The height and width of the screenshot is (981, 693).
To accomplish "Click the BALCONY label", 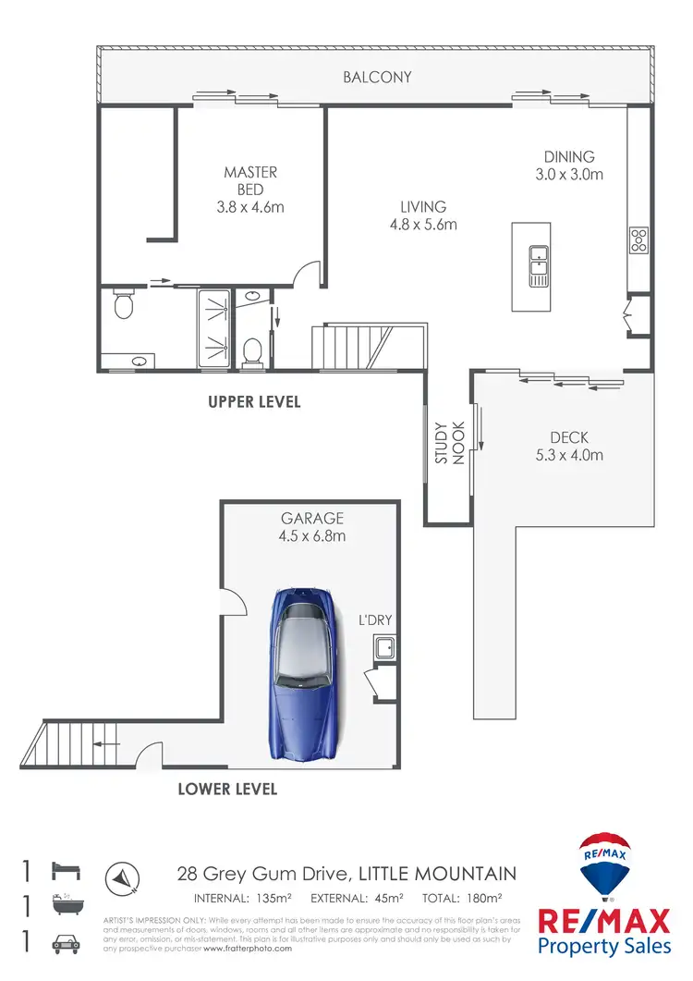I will [377, 78].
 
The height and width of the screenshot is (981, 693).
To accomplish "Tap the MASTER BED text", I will [250, 180].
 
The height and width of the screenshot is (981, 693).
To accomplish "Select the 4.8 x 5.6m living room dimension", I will [423, 225].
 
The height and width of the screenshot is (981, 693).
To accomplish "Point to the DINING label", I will [568, 157].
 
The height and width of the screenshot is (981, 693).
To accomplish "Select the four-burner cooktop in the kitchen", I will [638, 240].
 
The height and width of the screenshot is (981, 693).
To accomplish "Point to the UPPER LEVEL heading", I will [254, 403].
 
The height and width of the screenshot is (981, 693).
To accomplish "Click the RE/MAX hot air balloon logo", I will [604, 867].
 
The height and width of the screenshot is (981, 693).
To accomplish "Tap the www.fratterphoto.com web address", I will [248, 949].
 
